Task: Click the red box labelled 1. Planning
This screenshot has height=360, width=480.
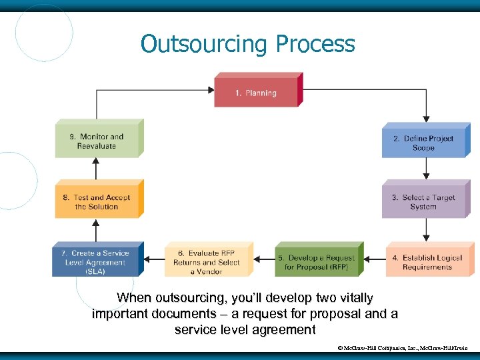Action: coord(256,93)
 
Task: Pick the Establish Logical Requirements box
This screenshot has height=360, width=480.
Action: coord(427,262)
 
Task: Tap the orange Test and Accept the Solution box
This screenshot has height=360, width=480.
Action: coord(97,202)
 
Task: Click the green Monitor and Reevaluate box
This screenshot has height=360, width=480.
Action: coord(97,141)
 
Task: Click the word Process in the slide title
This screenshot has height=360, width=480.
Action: coord(315,44)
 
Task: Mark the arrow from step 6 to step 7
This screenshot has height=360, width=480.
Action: coord(154,258)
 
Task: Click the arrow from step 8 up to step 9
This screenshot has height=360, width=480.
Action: coord(97,169)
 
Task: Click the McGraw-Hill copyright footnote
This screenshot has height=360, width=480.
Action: coord(404,347)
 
